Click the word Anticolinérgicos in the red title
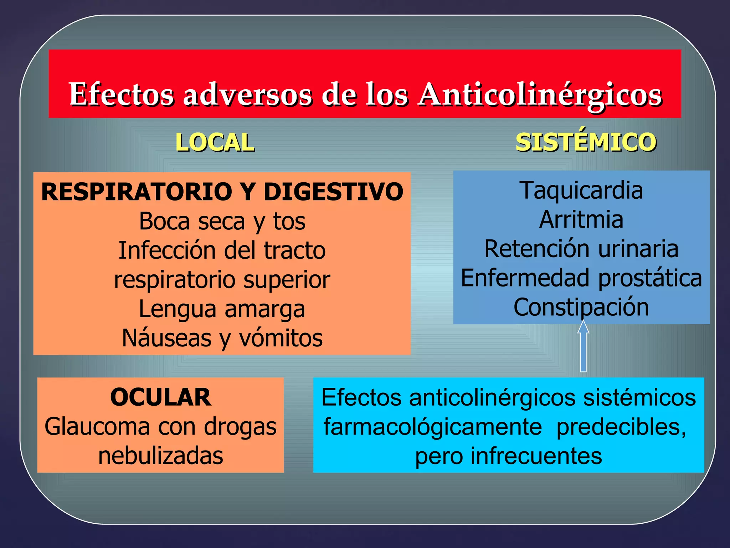coord(540,95)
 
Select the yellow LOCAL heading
coord(215,142)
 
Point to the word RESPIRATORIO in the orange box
coord(137,192)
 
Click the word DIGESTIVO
coord(333,192)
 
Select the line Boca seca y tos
coord(222,221)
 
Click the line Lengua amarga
coord(222,309)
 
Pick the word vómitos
coord(281,338)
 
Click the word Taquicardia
coord(581,190)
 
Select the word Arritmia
coord(581,219)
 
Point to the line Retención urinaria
coord(581,249)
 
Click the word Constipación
coord(581,307)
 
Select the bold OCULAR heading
coord(161,397)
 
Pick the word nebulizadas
coord(161,456)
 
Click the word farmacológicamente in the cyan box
coord(432,427)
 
